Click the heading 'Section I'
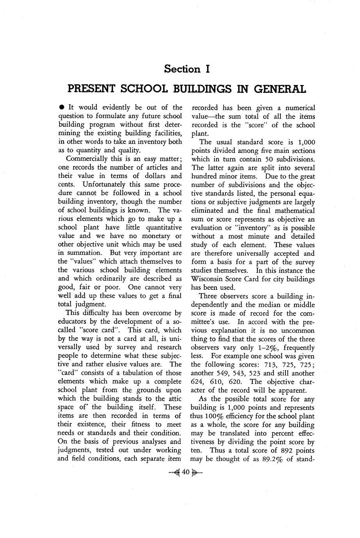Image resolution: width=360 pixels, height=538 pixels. coord(187,69)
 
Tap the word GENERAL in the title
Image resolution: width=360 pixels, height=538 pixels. coord(280,89)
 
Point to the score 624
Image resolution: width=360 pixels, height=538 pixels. coord(199,382)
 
